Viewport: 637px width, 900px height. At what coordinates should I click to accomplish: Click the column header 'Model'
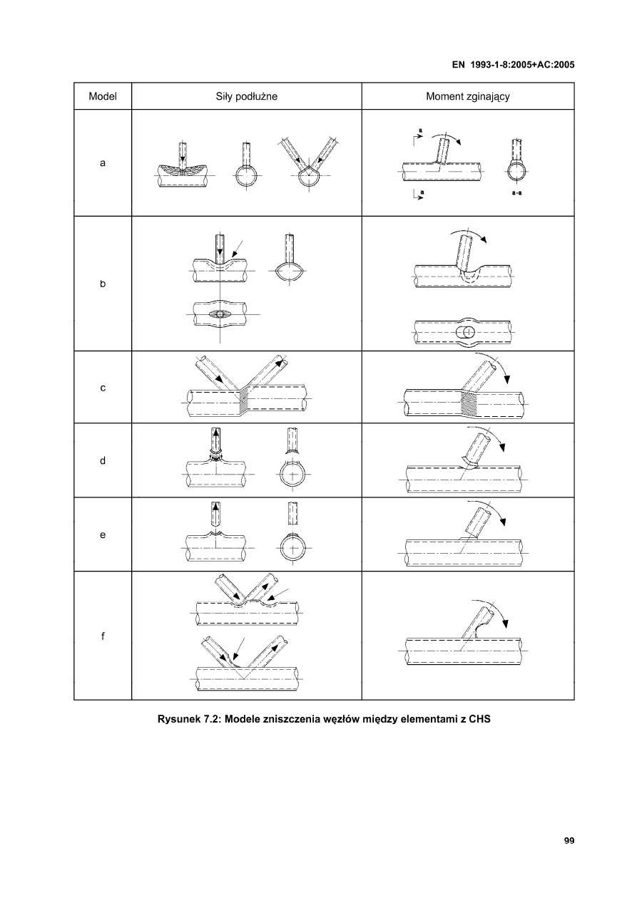[x=103, y=96]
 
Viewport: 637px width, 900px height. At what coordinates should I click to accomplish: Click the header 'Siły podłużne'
[x=247, y=96]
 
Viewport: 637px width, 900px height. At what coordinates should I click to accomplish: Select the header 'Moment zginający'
[x=467, y=96]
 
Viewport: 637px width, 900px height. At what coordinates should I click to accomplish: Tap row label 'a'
[x=103, y=163]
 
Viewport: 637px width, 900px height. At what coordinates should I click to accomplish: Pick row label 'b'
[x=103, y=284]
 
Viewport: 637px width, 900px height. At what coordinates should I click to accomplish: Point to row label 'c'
[x=103, y=388]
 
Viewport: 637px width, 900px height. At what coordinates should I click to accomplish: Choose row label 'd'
[x=103, y=461]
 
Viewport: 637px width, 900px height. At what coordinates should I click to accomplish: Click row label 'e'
[x=103, y=534]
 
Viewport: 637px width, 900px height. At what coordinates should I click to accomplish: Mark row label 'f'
[x=103, y=636]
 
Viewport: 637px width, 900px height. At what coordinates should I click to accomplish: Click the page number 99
[x=569, y=841]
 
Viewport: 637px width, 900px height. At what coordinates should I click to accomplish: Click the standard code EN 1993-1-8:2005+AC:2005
[x=514, y=64]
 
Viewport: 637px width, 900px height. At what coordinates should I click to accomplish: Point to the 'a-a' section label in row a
[x=516, y=193]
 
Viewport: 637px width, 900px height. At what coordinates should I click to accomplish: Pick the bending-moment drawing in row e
[x=467, y=534]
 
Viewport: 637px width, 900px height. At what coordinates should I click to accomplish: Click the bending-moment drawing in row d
[x=467, y=461]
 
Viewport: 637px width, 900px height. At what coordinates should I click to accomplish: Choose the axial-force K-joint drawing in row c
[x=247, y=388]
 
